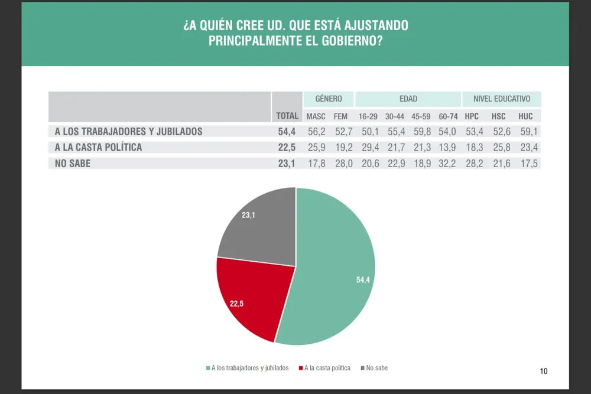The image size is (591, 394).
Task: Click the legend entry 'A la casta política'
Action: [327, 368]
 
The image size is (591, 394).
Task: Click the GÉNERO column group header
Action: [329, 99]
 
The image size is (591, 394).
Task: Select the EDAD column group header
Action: [408, 99]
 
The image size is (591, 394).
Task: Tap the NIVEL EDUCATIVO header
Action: [501, 99]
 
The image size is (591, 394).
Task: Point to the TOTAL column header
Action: [287, 116]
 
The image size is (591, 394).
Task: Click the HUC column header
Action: [525, 116]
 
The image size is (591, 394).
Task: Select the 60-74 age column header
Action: [449, 116]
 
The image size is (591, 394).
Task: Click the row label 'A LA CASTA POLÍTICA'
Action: [98, 147]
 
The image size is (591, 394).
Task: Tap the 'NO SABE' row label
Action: [73, 164]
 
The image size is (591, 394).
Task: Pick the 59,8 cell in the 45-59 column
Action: [421, 131]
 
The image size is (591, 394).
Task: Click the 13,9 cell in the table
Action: [449, 147]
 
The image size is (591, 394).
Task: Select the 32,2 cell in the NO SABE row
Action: [449, 164]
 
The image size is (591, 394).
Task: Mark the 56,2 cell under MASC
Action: [316, 131]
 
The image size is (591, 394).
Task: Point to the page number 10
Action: [544, 371]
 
